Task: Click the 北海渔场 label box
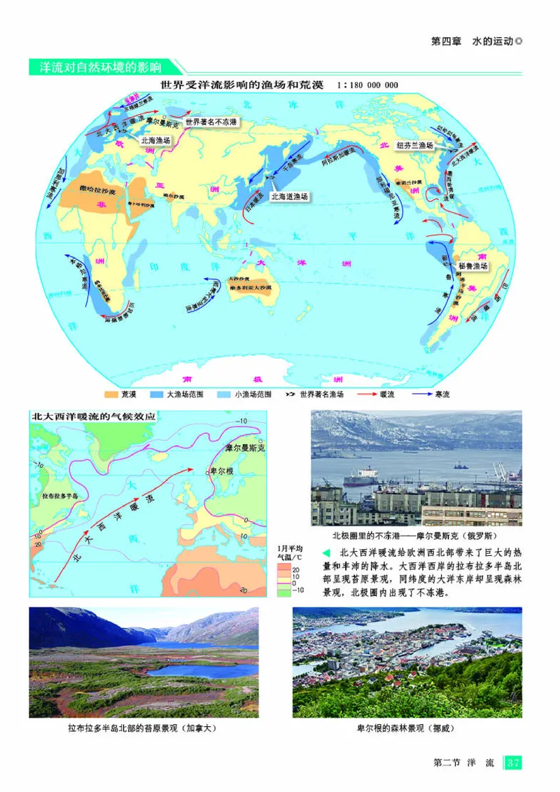pyautogui.click(x=155, y=141)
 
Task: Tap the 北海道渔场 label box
pyautogui.click(x=289, y=197)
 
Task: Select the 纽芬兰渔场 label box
pyautogui.click(x=415, y=146)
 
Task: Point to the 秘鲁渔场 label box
pyautogui.click(x=472, y=266)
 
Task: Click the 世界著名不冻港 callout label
pyautogui.click(x=211, y=122)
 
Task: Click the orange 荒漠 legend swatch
pyautogui.click(x=110, y=394)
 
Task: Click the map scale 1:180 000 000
pyautogui.click(x=367, y=85)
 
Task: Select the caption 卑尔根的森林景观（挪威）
pyautogui.click(x=405, y=728)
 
